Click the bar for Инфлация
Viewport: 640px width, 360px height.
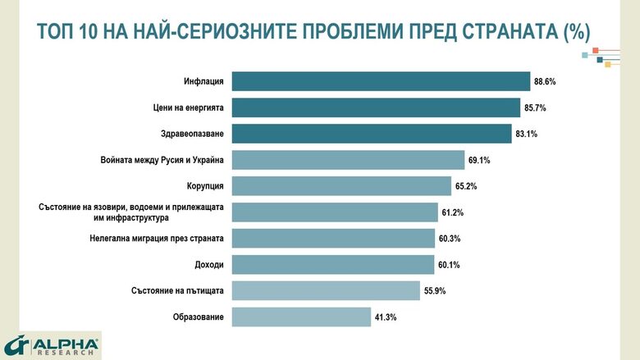tap(381, 81)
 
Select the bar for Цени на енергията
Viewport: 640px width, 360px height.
tap(376, 107)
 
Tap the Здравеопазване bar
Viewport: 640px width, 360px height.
tap(372, 134)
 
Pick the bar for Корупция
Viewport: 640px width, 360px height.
tap(341, 186)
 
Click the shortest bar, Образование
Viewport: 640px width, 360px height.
tap(302, 317)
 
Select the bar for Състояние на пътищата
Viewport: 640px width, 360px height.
tap(326, 290)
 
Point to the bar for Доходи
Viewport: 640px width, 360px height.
tap(333, 264)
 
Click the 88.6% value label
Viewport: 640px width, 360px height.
tap(546, 82)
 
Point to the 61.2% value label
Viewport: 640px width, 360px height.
tap(454, 212)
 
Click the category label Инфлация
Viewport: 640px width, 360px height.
tap(205, 81)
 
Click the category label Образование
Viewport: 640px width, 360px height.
tap(199, 317)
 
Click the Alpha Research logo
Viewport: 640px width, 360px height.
tap(51, 345)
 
